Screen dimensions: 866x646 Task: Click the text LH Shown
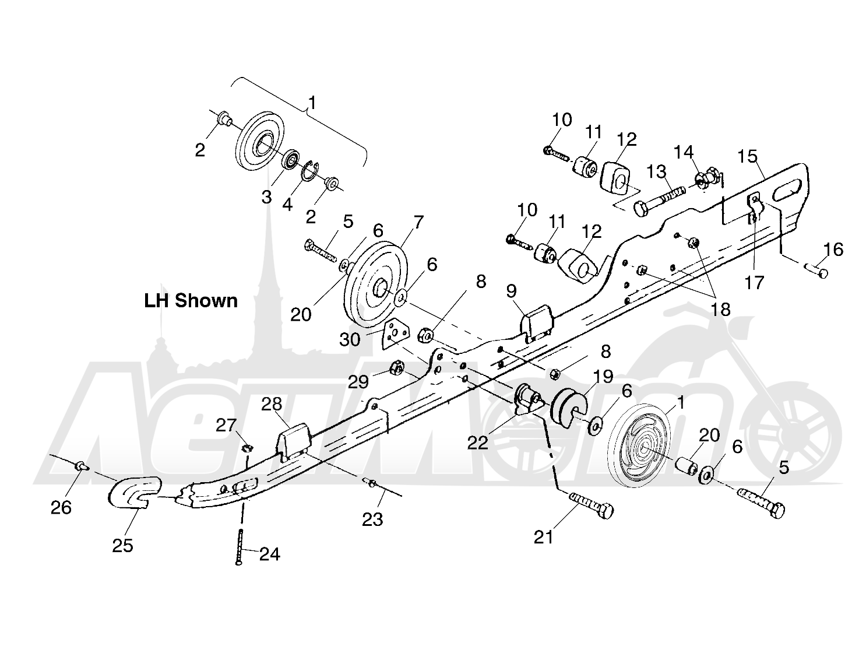tap(191, 301)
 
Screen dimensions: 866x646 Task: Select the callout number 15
tap(747, 157)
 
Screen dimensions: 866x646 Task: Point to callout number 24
tap(270, 554)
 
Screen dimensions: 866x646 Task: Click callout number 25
tap(123, 546)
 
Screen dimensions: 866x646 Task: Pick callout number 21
tap(544, 537)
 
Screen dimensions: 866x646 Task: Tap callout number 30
tap(350, 339)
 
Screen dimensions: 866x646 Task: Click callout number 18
tap(720, 310)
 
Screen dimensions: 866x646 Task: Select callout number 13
tap(656, 171)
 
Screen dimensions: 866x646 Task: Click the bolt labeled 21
tap(592, 505)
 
